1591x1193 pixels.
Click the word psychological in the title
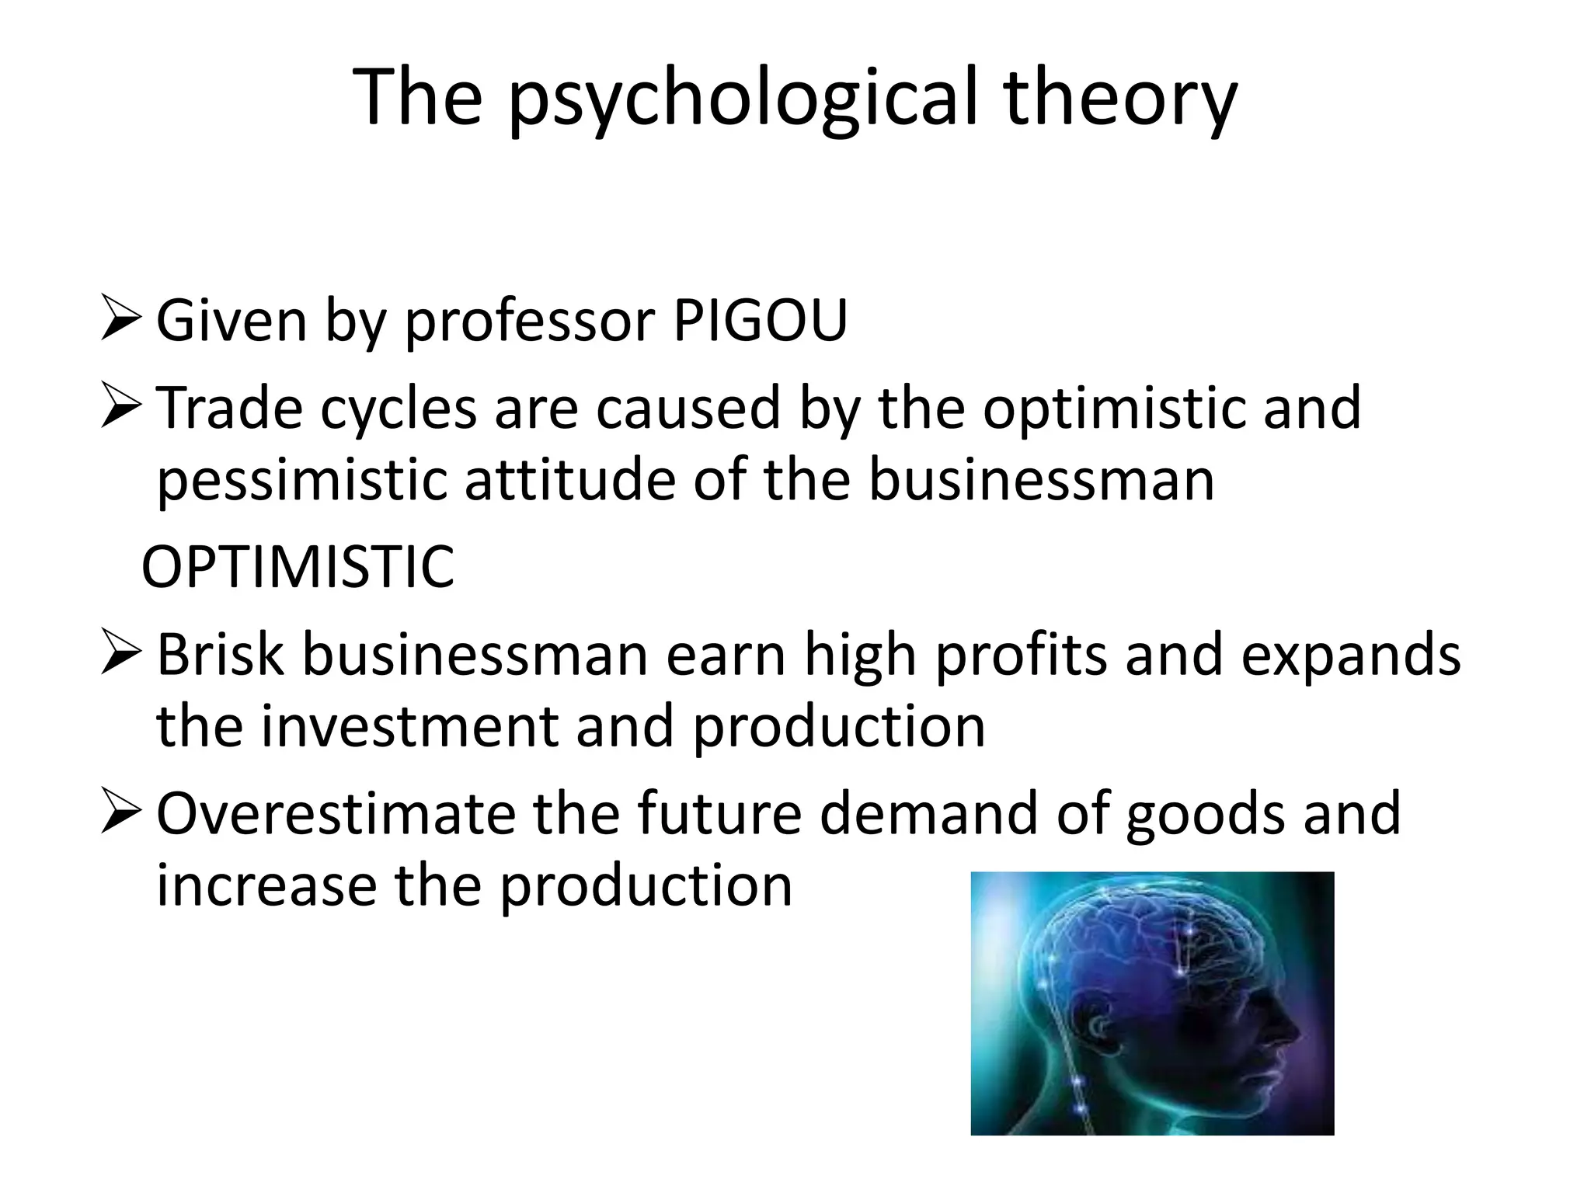(x=742, y=98)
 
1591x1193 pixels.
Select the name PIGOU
(x=760, y=320)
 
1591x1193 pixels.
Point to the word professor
(x=529, y=322)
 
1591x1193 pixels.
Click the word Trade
(x=229, y=408)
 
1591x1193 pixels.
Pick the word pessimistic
(x=301, y=480)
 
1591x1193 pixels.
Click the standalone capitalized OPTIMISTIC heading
(x=298, y=567)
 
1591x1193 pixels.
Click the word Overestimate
(x=335, y=813)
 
